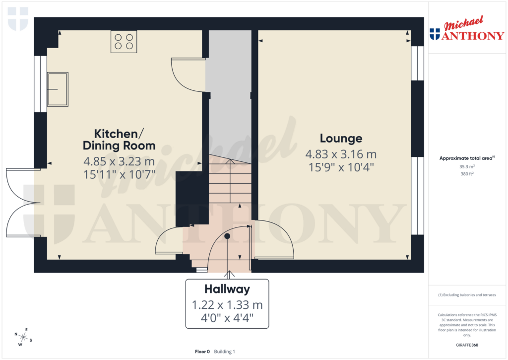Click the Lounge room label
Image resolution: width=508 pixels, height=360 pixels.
pos(341,139)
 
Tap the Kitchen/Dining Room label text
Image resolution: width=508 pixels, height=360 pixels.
pos(119,140)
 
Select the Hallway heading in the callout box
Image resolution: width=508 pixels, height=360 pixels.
pos(227,289)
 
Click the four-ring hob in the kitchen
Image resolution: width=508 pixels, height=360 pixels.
pos(124,42)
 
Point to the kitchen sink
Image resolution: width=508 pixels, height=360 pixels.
pos(58,89)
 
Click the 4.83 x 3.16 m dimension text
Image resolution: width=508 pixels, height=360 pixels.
pos(341,154)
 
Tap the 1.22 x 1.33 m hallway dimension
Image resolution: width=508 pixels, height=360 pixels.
pos(227,304)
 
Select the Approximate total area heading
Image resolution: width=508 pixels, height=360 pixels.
pos(466,158)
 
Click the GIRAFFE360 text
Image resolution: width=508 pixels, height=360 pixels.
pos(467,345)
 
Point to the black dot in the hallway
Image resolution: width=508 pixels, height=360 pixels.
pos(227,236)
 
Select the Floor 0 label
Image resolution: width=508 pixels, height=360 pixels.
pos(202,352)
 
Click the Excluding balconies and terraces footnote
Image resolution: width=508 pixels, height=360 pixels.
pos(467,295)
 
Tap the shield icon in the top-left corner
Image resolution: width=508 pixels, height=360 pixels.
pos(18,18)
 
